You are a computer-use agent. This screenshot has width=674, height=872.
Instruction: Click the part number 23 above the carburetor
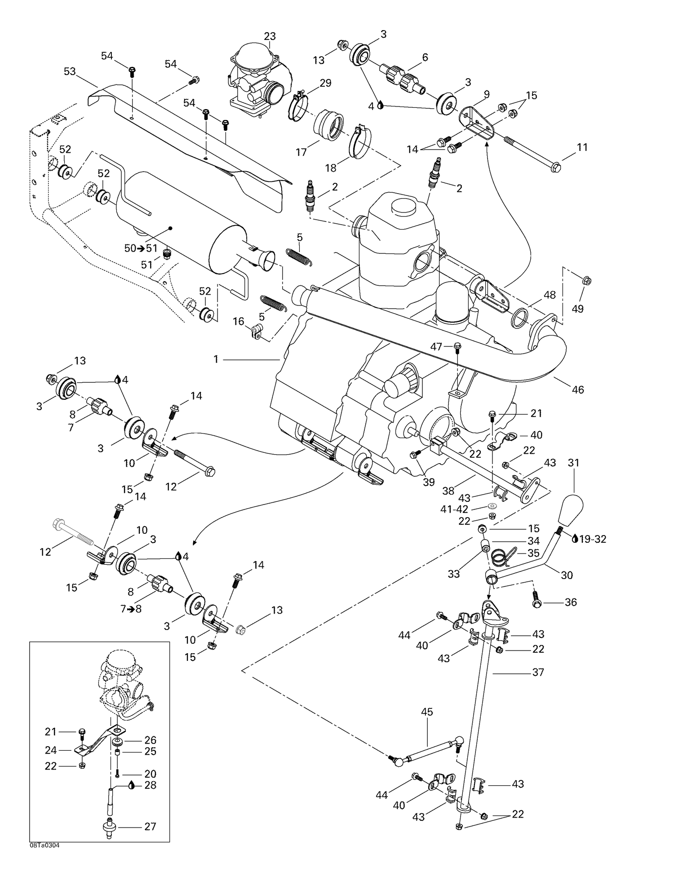click(270, 36)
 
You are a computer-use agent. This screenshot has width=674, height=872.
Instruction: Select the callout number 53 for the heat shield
click(70, 71)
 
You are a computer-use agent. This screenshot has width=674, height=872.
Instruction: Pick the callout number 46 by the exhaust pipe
click(578, 390)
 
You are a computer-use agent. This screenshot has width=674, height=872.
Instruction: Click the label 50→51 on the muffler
click(141, 248)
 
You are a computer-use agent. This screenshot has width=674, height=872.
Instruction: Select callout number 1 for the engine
click(216, 359)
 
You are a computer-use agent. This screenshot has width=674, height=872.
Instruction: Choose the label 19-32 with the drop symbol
click(592, 539)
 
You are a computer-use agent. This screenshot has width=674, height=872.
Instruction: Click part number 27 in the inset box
click(150, 826)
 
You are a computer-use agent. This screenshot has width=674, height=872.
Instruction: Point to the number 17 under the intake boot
click(301, 152)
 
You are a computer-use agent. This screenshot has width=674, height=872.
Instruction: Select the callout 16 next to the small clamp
click(238, 321)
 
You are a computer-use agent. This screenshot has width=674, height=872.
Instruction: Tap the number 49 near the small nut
click(577, 309)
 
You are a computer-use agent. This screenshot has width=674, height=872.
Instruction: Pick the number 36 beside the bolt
click(570, 602)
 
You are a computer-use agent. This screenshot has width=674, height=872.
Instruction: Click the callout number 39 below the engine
click(429, 482)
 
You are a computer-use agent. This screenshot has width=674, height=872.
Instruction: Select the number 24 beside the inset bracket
click(51, 750)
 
